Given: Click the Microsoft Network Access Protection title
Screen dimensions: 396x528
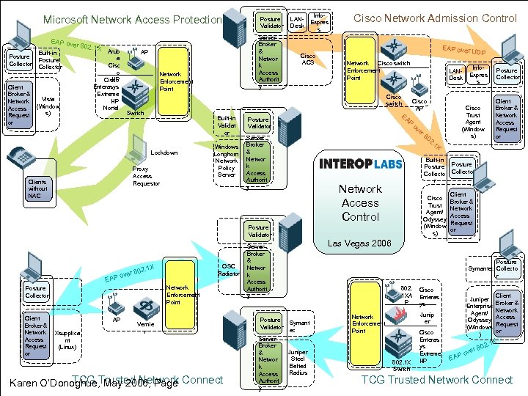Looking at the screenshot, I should (132, 20).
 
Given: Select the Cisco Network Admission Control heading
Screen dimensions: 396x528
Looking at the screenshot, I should (435, 18).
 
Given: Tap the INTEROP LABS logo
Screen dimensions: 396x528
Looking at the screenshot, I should (360, 163).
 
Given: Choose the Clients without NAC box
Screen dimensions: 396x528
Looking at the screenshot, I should (37, 189).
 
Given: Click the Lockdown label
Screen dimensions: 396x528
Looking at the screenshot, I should (164, 153).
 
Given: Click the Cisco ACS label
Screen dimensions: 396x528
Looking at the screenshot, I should (308, 58).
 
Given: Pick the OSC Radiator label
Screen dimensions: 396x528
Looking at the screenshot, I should (229, 269).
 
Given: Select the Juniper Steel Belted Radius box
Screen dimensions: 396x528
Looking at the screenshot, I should (298, 362).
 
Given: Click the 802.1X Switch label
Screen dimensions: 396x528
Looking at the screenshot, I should (401, 364).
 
